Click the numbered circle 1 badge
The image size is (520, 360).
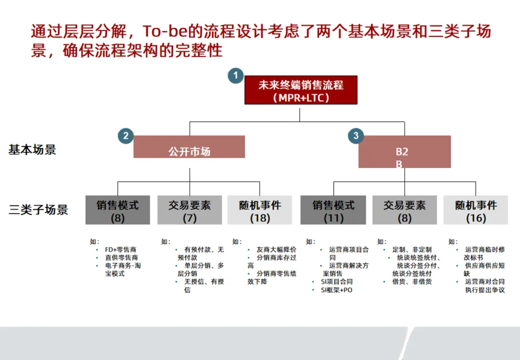pos(235,76)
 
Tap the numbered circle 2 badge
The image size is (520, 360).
pos(126,136)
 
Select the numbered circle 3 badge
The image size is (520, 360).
pos(356,136)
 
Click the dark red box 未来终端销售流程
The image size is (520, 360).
pos(301,90)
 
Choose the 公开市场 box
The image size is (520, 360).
pos(189,147)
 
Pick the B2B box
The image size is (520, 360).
pos(404,152)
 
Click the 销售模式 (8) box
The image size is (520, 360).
pos(117,210)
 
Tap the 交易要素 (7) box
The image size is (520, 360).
pos(190,210)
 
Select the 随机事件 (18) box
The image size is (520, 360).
pos(260,210)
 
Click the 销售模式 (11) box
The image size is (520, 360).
pos(333,210)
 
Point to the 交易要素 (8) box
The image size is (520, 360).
pos(404,210)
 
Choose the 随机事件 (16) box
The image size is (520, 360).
pos(476,210)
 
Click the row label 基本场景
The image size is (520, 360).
pos(32,150)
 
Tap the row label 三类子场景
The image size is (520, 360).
pos(39,210)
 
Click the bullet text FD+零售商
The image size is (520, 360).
pos(120,250)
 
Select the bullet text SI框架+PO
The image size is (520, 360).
pos(337,290)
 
